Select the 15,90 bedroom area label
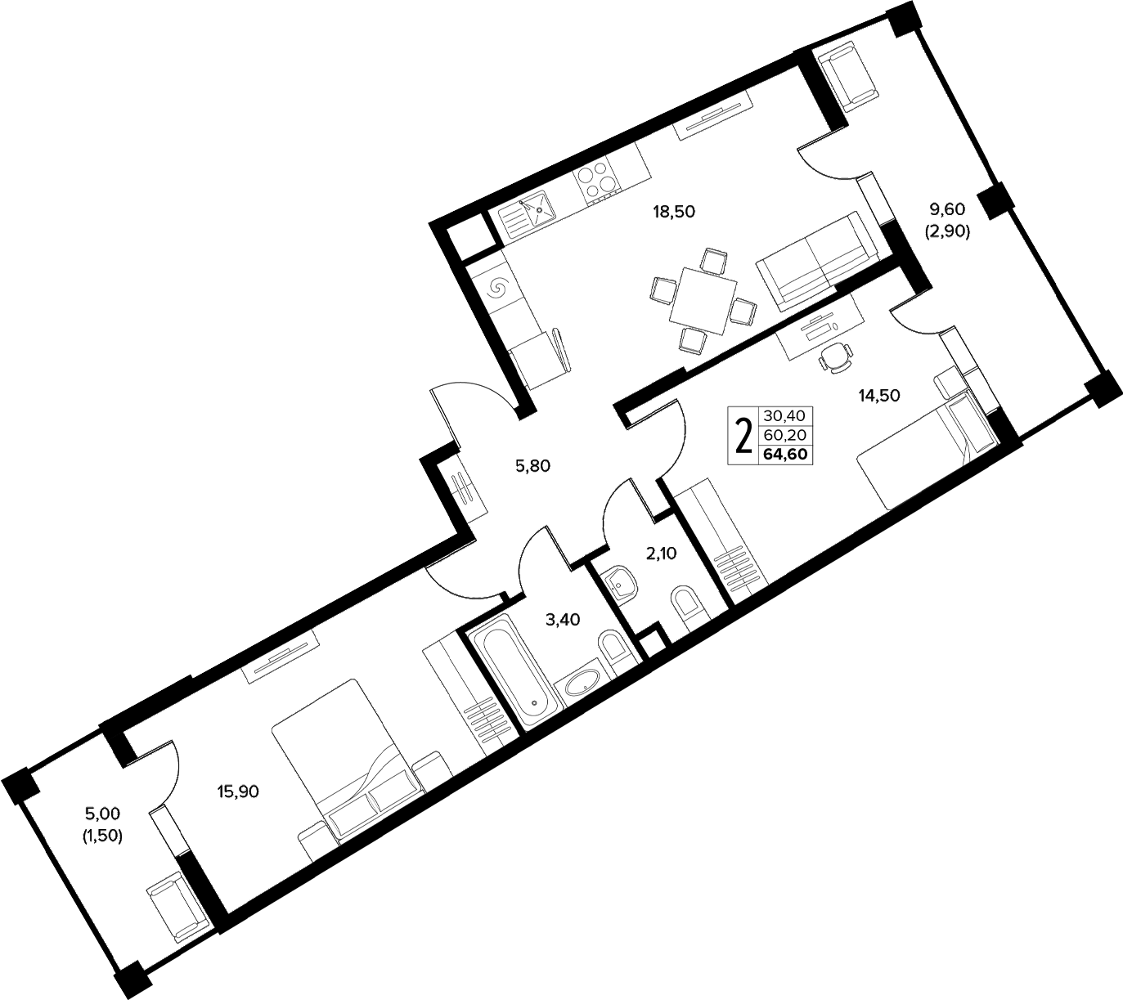click(238, 791)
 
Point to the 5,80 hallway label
click(532, 466)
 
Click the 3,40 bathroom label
click(563, 619)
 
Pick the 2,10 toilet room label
click(661, 553)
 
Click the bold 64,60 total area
click(785, 455)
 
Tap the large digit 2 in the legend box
click(742, 436)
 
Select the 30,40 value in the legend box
click(785, 415)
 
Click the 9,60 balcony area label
click(947, 209)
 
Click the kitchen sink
click(526, 214)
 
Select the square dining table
click(703, 300)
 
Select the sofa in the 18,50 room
click(818, 260)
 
